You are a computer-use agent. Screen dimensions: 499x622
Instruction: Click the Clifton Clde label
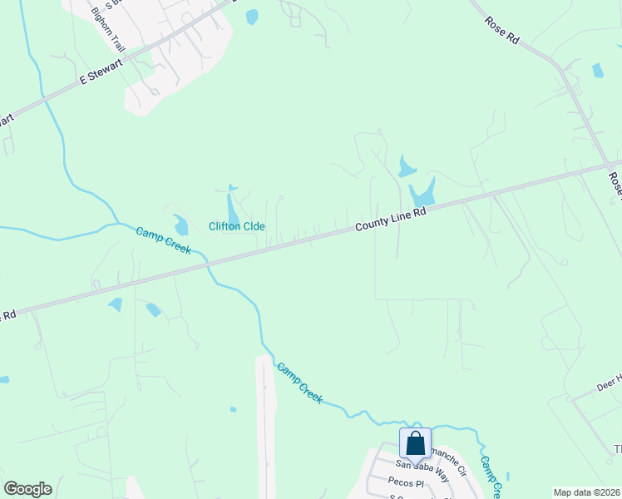[x=236, y=226]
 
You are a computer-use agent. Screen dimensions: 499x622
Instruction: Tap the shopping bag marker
[x=415, y=444]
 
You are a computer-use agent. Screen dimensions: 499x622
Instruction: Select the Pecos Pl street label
[x=406, y=482]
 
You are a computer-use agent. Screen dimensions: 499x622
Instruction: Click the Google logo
[x=27, y=489]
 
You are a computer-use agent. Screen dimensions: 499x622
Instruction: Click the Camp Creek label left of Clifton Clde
[x=164, y=239]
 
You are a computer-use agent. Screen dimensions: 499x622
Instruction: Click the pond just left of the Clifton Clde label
[x=180, y=225]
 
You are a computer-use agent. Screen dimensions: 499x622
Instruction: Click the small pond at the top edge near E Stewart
[x=252, y=17]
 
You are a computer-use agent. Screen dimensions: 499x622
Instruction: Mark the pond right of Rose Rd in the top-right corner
[x=597, y=71]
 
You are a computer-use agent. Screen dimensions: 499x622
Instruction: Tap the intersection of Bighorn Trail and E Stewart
[x=127, y=57]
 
